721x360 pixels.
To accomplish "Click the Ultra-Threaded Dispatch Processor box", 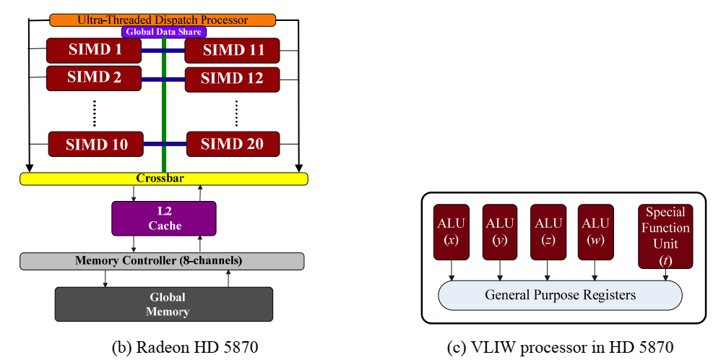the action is (x=163, y=20).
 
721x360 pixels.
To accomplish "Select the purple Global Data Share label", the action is (x=164, y=32).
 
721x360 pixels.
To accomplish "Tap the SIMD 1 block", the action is (x=94, y=50).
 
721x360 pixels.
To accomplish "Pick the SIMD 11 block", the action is (x=232, y=50).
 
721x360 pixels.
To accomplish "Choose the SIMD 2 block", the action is (x=94, y=78).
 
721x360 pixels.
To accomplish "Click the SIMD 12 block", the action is (x=232, y=80).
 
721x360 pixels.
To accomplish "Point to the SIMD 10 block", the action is (x=95, y=144).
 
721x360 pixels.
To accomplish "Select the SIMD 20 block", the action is (x=233, y=144).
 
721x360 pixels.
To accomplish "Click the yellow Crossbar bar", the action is (x=164, y=179).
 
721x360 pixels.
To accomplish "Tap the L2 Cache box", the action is (x=164, y=218).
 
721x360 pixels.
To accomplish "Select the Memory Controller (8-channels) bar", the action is (x=162, y=261).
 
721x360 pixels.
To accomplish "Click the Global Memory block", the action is (x=164, y=304).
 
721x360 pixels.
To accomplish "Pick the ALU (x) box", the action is (x=452, y=232).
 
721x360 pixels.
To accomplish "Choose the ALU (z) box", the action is (x=548, y=232).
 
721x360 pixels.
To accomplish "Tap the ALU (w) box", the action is (x=596, y=232).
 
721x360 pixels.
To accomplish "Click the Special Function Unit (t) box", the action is (x=665, y=236).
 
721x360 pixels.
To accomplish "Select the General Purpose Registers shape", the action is (x=560, y=295).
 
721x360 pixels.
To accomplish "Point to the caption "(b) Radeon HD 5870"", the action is (x=185, y=348).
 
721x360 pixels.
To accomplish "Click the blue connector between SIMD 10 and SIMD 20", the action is (x=165, y=144).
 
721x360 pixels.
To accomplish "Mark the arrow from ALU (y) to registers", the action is (x=500, y=270).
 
